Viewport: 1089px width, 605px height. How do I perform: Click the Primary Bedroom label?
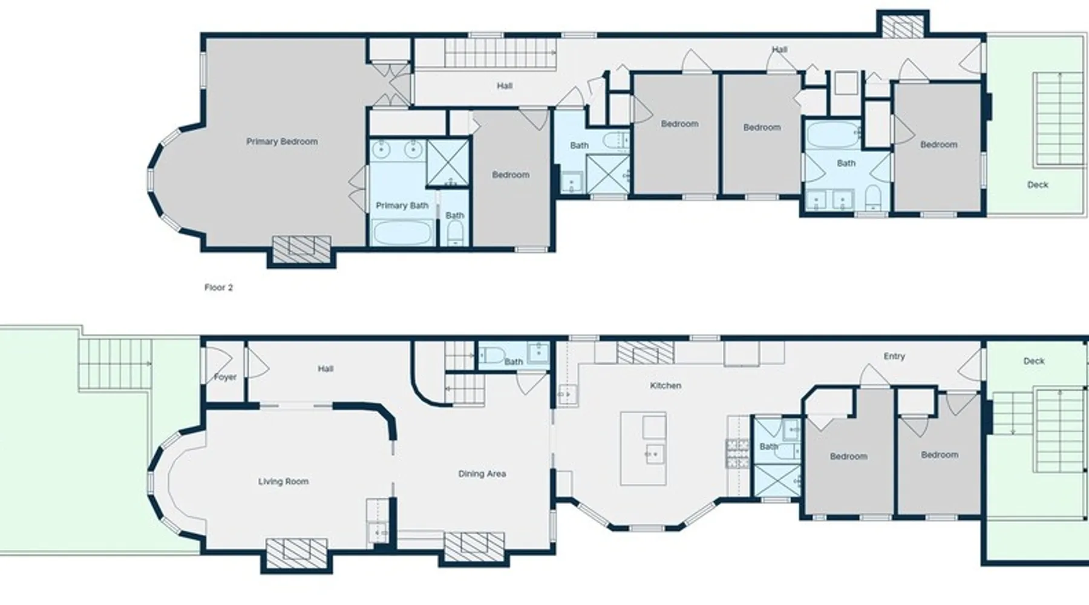(282, 142)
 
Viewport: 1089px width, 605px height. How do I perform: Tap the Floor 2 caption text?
(218, 287)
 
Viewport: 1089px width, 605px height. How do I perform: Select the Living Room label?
(283, 482)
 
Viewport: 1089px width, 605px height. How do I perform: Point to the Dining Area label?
(482, 474)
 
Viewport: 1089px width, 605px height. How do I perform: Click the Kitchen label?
(665, 385)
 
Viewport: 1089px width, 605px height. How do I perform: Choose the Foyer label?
(225, 377)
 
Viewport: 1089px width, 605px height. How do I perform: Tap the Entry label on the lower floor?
(894, 356)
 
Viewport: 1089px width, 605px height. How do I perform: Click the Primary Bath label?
(402, 206)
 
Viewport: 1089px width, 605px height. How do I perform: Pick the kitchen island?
(644, 449)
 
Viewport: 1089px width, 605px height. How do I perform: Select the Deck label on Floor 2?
(1038, 185)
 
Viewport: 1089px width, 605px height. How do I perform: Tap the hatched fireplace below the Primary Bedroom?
(302, 249)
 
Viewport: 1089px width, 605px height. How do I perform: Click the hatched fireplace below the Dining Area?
(474, 546)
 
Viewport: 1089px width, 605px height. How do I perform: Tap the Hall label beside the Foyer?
(325, 368)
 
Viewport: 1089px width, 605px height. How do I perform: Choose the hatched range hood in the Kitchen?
(645, 353)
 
